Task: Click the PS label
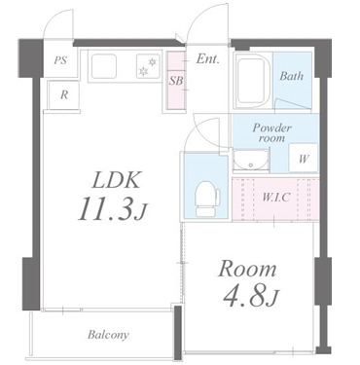[x=60, y=60]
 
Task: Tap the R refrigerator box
[x=64, y=95]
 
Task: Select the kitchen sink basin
[x=104, y=66]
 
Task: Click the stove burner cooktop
[x=148, y=66]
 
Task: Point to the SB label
[x=176, y=81]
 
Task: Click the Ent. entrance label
[x=208, y=59]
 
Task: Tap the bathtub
[x=253, y=81]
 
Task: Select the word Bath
[x=292, y=76]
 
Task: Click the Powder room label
[x=271, y=132]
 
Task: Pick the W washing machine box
[x=304, y=158]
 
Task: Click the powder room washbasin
[x=251, y=161]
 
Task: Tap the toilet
[x=207, y=199]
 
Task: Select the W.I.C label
[x=275, y=198]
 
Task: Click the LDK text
[x=116, y=180]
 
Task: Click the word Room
[x=248, y=269]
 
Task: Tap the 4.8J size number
[x=252, y=296]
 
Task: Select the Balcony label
[x=108, y=335]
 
